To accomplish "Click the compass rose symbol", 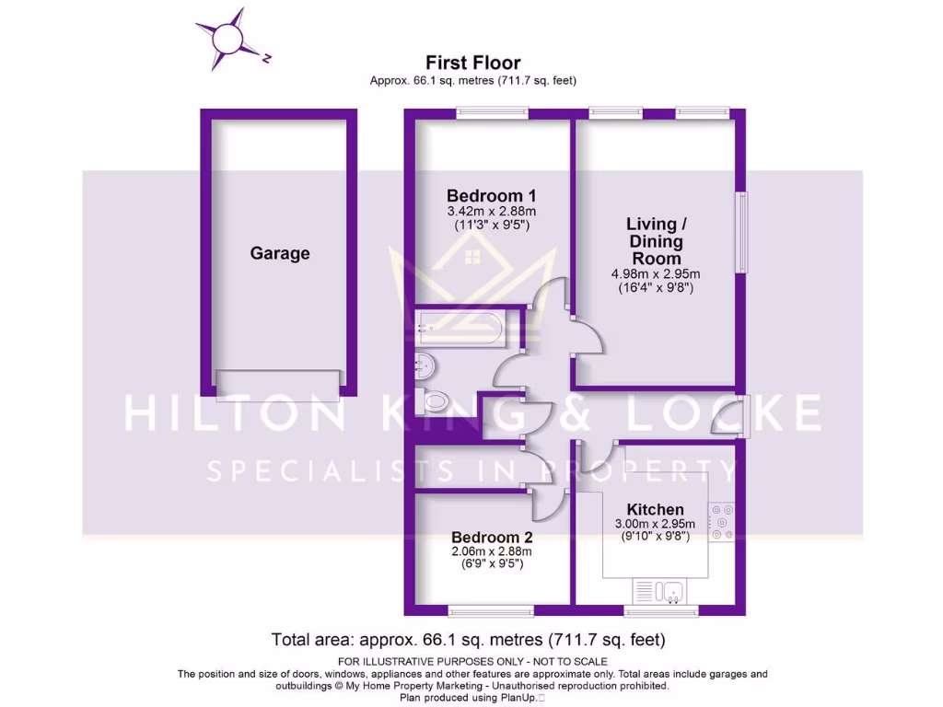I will tap(227, 39).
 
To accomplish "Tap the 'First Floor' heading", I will tap(472, 63).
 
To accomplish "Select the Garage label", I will tap(280, 253).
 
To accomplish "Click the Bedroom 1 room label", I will tap(491, 195).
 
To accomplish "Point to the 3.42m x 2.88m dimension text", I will tap(491, 211).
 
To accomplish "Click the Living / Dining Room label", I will tap(656, 241).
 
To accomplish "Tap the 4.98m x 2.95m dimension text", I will tap(656, 273).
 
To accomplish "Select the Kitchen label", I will tap(655, 509).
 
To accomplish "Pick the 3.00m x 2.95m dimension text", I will tap(655, 525).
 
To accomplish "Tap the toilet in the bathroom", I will tap(433, 400).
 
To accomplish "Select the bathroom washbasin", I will tap(425, 365).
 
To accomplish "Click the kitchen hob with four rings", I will tap(721, 521).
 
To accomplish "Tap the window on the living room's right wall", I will tap(741, 232).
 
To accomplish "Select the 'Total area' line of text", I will tap(468, 639).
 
